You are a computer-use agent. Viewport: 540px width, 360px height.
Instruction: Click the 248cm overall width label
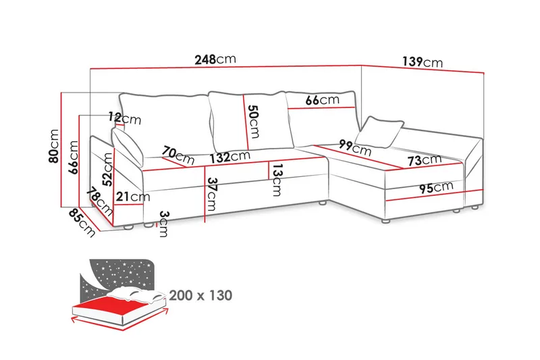(215, 59)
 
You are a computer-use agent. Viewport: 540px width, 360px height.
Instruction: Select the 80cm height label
(54, 147)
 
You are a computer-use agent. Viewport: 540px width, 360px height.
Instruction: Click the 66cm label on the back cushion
(321, 100)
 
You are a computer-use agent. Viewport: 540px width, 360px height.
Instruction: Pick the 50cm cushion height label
(253, 120)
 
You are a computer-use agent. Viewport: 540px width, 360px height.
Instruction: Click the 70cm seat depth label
(178, 156)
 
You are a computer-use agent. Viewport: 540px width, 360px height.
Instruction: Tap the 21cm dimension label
(132, 197)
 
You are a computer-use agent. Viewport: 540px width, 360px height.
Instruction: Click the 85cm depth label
(82, 221)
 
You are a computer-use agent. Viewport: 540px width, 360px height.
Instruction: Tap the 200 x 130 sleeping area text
(200, 295)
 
